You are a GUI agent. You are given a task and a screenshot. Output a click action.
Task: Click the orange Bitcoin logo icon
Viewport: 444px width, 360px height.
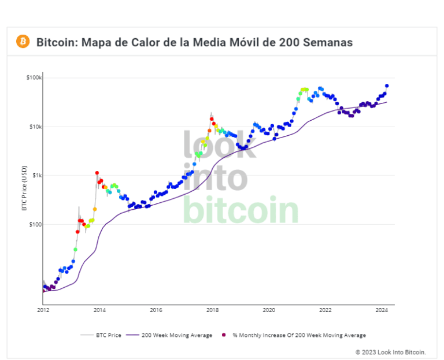click(23, 42)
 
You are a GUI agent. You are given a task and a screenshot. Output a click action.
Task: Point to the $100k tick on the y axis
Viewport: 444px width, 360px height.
click(34, 77)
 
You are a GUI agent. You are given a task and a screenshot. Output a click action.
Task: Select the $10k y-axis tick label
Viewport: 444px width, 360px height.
click(34, 127)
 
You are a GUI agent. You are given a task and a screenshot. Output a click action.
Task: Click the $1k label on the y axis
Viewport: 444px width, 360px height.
click(35, 175)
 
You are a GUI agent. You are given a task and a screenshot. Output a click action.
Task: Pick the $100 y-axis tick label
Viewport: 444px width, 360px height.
click(34, 224)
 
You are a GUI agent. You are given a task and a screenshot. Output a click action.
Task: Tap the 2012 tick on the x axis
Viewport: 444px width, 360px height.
click(43, 310)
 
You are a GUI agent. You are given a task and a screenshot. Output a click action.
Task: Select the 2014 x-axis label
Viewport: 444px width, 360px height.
click(99, 310)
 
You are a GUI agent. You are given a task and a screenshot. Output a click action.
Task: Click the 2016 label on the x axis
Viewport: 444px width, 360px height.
click(156, 310)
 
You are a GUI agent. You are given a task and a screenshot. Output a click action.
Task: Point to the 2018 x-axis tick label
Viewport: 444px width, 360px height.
click(212, 310)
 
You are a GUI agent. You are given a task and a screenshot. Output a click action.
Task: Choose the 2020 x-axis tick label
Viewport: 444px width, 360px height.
click(268, 310)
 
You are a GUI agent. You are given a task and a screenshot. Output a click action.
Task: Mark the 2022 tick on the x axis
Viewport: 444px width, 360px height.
click(325, 310)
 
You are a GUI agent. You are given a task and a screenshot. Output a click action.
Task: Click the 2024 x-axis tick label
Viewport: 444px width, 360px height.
click(381, 310)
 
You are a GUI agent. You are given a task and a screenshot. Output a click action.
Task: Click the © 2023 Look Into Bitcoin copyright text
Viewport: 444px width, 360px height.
click(390, 351)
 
